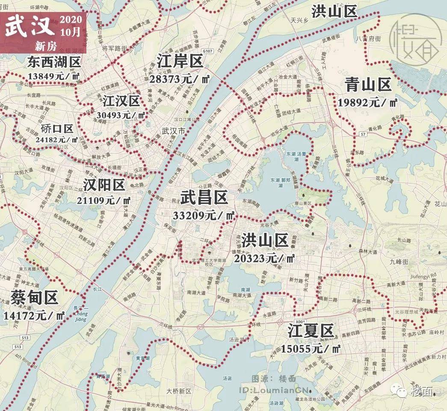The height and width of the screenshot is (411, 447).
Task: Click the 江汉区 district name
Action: (121, 101)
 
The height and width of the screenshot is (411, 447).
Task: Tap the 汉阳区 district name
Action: (104, 185)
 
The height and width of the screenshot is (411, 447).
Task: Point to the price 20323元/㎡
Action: (264, 258)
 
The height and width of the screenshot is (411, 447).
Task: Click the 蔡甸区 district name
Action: (35, 297)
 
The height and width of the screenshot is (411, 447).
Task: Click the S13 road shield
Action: (18, 346)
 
